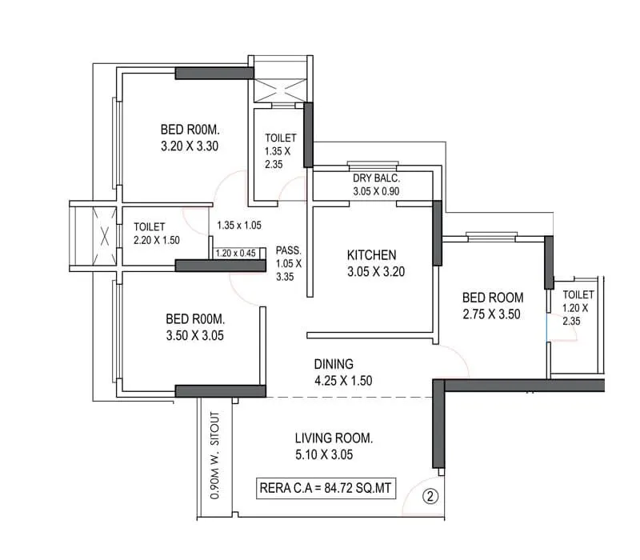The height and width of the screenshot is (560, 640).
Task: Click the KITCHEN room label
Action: coord(371,255)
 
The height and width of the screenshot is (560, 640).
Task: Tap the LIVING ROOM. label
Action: coord(334,438)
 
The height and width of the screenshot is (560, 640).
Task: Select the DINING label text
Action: coord(334,364)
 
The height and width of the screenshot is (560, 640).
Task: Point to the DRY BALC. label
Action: coord(376,178)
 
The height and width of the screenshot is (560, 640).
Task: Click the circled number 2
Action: coord(430,496)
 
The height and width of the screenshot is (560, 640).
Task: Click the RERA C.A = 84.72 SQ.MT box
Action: coord(326,487)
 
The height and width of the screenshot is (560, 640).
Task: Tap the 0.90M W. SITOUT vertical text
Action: coord(214,457)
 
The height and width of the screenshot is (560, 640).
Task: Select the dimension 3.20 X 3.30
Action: coord(190,146)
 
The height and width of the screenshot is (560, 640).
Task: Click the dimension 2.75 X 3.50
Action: coord(491,314)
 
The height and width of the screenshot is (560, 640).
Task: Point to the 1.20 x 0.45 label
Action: coord(234,254)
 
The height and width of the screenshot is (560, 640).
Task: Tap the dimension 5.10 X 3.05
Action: coord(324,455)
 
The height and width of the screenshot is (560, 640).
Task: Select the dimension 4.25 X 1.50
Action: coord(342,381)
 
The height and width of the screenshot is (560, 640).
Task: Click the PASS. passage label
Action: coord(288,249)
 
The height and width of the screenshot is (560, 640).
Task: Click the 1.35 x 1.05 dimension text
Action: coord(239,226)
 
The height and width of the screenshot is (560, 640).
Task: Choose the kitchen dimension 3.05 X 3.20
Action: coord(376,271)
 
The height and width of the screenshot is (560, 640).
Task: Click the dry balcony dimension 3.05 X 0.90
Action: coord(376,192)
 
